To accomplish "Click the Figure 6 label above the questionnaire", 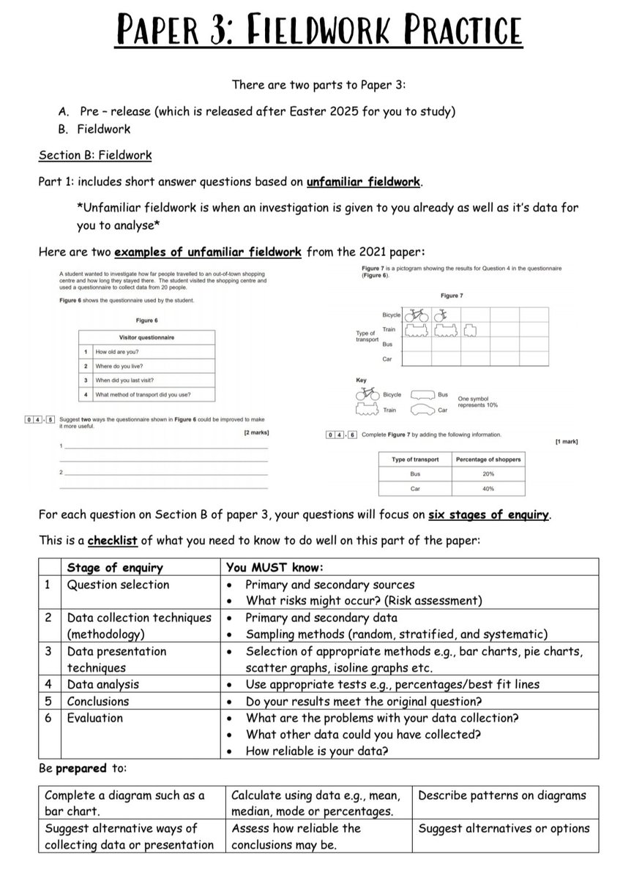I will (x=146, y=320).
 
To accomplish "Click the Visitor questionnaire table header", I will (x=146, y=337).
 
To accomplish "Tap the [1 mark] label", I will (x=567, y=442).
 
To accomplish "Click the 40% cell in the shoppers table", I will (x=488, y=488).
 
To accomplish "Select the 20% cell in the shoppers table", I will (x=488, y=474).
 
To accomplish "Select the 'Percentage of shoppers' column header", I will (x=488, y=459).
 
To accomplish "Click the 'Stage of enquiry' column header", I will (x=115, y=568).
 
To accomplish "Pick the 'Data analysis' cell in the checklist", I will (x=102, y=685).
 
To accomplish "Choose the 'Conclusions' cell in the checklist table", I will (x=98, y=702).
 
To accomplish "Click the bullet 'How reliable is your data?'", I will (x=317, y=751).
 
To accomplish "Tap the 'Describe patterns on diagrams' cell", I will (x=501, y=795).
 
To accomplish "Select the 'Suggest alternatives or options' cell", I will (x=504, y=828).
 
